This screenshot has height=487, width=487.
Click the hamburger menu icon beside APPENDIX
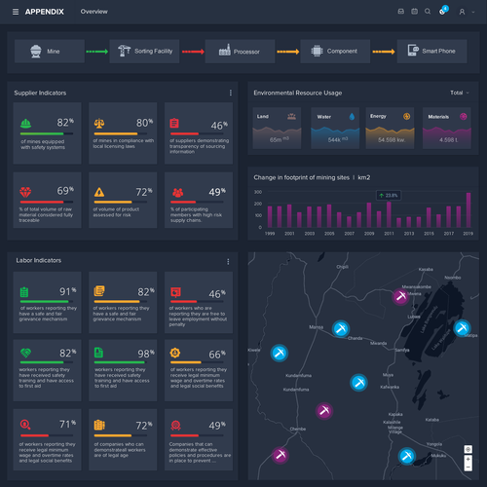click(x=16, y=11)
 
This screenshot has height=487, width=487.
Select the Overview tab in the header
click(x=94, y=11)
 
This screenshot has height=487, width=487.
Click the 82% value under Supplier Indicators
click(x=65, y=124)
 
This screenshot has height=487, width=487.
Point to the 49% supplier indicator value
click(x=217, y=192)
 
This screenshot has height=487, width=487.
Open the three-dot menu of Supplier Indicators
click(x=231, y=93)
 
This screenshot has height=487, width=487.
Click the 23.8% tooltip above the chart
click(x=390, y=196)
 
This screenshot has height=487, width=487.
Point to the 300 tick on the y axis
click(x=259, y=191)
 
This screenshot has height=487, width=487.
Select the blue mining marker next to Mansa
click(x=341, y=328)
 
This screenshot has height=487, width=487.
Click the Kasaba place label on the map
click(x=424, y=269)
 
